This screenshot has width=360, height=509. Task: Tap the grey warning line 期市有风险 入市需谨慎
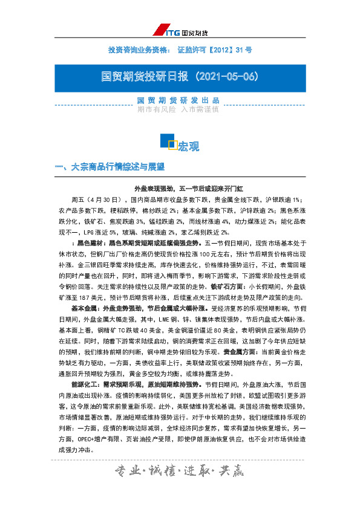(178, 109)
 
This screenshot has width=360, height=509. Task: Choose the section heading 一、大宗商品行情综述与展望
(110, 166)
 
